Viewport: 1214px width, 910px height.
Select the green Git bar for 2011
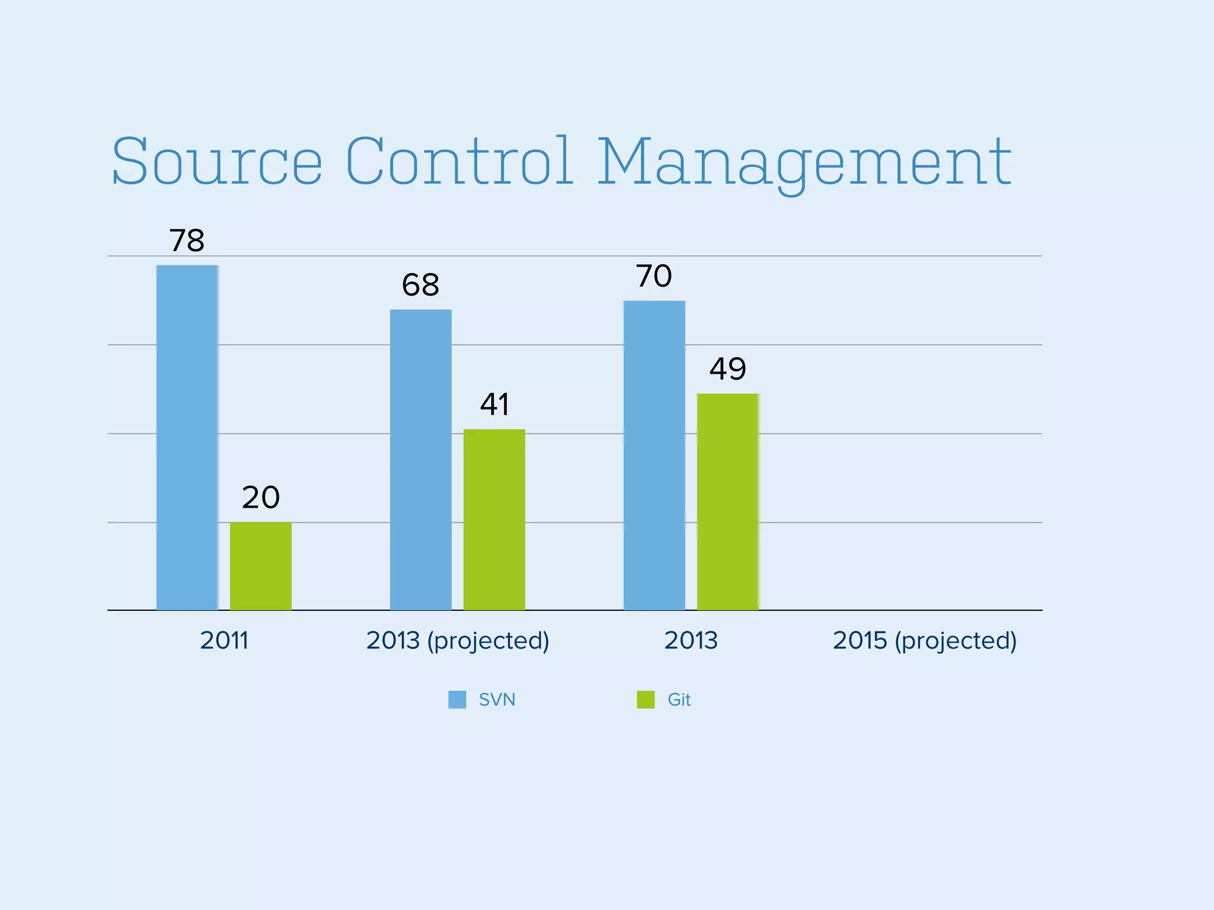(261, 566)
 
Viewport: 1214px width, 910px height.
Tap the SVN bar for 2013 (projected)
(421, 460)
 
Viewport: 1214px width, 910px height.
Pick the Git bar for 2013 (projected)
(494, 520)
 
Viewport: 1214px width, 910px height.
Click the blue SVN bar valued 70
(654, 455)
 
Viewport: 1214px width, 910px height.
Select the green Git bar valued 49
(728, 502)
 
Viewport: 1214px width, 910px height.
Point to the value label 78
(187, 241)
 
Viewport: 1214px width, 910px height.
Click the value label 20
(261, 498)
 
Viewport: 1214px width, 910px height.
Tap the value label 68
(420, 286)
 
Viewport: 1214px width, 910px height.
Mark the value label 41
(494, 405)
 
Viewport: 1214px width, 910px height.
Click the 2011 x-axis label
(224, 640)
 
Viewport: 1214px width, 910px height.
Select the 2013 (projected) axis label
(458, 641)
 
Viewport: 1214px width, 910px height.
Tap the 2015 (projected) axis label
(925, 641)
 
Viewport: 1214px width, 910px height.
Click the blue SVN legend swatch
(457, 700)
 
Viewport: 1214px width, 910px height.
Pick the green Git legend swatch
(646, 700)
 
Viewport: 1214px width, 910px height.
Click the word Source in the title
(217, 161)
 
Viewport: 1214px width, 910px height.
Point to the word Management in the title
(804, 163)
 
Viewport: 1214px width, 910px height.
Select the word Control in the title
(459, 161)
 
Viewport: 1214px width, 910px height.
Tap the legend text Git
(679, 700)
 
